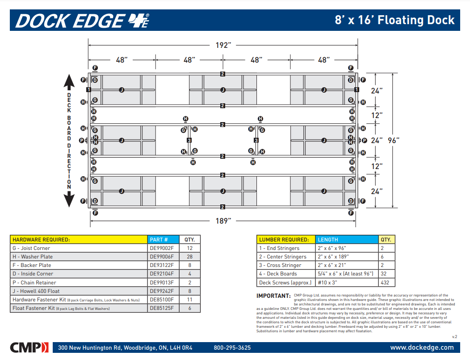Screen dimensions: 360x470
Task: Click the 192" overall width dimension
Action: (x=223, y=45)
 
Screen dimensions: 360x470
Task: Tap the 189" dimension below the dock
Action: (x=223, y=220)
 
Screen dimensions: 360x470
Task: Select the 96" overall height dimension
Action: (x=393, y=140)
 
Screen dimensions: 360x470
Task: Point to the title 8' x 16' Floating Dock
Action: (x=394, y=20)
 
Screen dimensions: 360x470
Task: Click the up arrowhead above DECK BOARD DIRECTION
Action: (x=69, y=82)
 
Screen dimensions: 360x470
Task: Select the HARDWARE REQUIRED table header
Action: (x=42, y=240)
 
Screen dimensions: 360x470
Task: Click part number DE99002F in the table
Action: (x=162, y=248)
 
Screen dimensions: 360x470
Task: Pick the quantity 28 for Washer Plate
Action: (x=189, y=257)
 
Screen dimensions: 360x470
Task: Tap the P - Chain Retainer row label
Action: (x=34, y=283)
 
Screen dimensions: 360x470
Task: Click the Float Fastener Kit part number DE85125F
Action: (x=162, y=308)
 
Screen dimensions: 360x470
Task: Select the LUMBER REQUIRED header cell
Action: (x=284, y=240)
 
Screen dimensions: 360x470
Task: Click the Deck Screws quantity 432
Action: (x=386, y=283)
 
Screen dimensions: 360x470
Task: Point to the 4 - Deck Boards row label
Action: (x=278, y=274)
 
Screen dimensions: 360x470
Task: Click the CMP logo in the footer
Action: (x=29, y=347)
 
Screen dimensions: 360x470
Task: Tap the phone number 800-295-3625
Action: (x=232, y=347)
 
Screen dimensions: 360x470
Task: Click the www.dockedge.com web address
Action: (x=422, y=347)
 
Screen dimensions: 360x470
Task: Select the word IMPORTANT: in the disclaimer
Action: (x=273, y=296)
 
